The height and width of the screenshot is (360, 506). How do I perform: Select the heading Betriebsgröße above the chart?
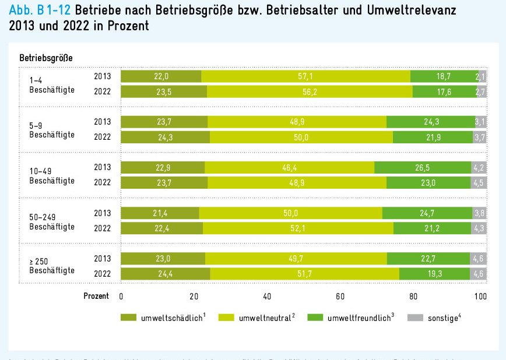45,58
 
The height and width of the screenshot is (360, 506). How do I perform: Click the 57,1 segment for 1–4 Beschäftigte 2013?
305,76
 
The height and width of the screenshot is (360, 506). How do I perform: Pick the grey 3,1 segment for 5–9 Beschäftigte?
480,122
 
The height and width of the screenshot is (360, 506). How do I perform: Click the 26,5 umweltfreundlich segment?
422,167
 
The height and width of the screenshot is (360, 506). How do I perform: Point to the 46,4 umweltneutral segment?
289,167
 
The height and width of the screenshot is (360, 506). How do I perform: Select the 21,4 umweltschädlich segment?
160,213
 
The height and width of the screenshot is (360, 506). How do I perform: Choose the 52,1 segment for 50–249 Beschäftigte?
297,228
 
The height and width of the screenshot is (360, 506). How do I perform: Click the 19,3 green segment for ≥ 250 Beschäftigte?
434,273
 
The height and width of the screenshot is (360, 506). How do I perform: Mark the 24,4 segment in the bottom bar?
165,273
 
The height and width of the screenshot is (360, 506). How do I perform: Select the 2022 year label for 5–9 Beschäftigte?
103,137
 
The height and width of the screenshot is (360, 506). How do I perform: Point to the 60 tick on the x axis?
340,296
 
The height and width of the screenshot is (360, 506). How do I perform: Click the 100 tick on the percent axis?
480,296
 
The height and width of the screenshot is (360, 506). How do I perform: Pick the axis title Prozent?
96,296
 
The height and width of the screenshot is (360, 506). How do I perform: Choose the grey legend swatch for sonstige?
414,318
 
